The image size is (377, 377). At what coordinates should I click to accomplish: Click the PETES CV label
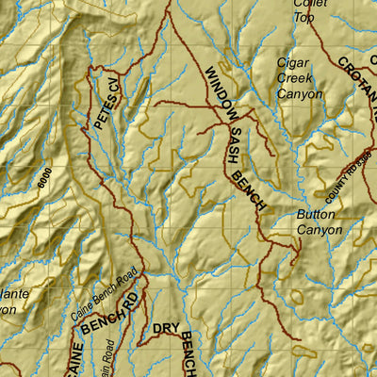108,103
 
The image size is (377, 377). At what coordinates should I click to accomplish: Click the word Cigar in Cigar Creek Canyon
293,63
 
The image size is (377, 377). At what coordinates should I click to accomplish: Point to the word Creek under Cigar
294,78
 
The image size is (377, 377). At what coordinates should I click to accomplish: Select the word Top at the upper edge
303,16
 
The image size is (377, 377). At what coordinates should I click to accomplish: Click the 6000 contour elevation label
42,180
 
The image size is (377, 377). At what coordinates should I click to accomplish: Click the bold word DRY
166,329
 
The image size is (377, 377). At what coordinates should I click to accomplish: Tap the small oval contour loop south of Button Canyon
298,298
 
